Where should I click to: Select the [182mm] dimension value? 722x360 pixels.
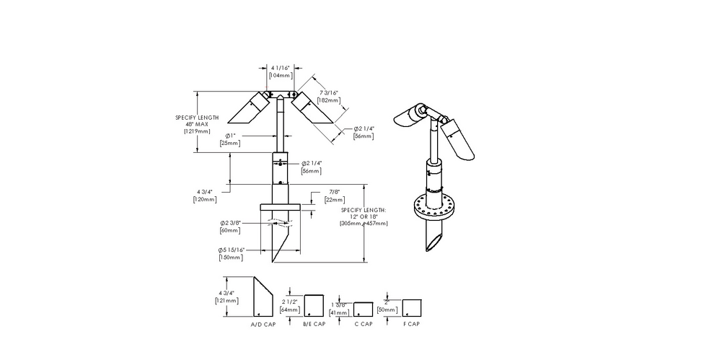coord(328,100)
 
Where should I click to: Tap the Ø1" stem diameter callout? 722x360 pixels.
coord(229,136)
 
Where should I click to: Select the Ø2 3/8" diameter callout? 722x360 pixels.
coord(230,223)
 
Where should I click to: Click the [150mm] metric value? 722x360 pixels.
coord(231,257)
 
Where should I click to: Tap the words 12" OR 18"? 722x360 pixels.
coord(364,216)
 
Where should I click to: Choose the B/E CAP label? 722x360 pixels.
coord(314,324)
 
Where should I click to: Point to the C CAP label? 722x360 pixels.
coord(363,324)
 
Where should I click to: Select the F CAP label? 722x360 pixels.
coord(411,324)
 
